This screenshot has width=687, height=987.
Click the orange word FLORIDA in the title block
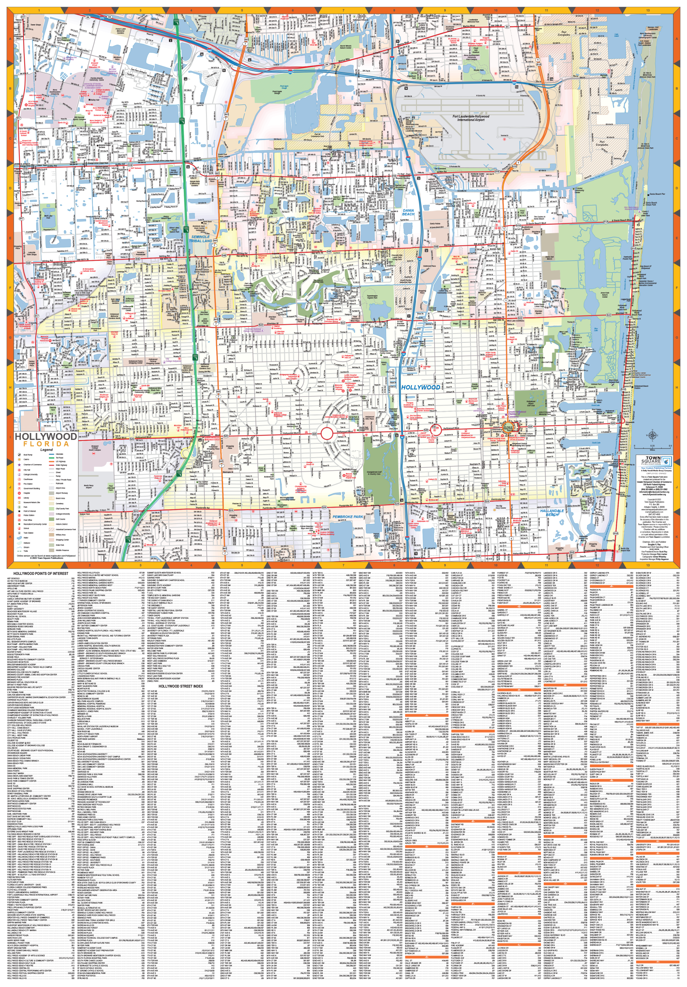coord(46,444)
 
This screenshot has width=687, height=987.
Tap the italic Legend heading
coord(46,450)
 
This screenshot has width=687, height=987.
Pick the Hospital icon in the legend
coord(19,493)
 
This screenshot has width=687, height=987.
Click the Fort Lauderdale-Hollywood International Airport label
coord(470,118)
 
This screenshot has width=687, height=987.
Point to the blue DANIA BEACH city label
coord(408,212)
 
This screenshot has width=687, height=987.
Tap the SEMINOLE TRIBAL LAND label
coord(201,239)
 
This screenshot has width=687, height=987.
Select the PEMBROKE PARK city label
coord(348,517)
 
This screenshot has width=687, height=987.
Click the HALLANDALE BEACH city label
coord(552,512)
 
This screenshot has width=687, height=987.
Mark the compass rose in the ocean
coord(652,435)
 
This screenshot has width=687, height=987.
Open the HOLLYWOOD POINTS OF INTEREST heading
coord(40,573)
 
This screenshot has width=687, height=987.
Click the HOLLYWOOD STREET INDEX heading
coord(180,686)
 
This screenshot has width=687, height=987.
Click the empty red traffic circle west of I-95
coord(326,433)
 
